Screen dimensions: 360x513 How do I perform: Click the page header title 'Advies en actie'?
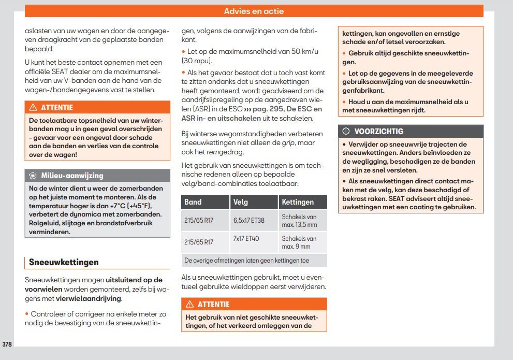[254, 11]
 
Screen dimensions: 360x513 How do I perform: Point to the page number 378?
[7, 344]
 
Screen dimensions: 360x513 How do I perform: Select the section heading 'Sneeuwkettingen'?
[64, 262]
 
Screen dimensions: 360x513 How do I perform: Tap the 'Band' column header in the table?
[193, 201]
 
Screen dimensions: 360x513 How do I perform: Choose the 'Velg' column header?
[241, 201]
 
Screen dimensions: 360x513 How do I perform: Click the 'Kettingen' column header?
[298, 201]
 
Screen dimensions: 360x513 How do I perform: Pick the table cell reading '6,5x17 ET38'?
[248, 220]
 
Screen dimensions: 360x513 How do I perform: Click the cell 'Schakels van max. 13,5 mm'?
[299, 220]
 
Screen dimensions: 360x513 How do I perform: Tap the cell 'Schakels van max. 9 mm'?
[299, 242]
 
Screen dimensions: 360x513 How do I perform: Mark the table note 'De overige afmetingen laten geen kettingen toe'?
[246, 260]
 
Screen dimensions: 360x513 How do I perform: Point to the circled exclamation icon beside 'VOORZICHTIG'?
[346, 132]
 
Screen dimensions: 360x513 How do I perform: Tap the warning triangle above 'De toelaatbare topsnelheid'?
[33, 108]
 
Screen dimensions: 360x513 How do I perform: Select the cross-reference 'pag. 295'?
[278, 109]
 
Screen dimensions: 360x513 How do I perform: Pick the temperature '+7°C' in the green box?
[120, 206]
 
